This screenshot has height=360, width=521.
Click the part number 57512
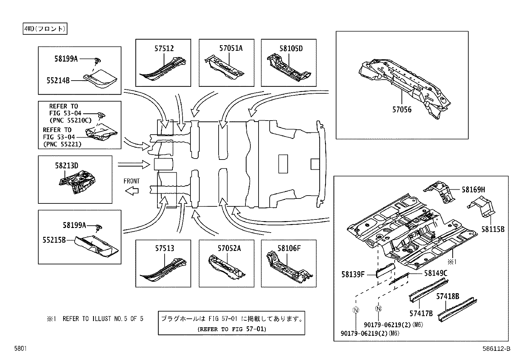click(164, 48)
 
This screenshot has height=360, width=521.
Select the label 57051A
click(231, 48)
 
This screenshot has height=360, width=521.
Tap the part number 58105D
click(291, 48)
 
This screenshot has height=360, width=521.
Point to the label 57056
click(402, 109)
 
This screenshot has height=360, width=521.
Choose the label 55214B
click(58, 80)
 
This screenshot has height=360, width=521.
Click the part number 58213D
click(66, 166)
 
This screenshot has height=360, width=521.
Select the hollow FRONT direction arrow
click(132, 191)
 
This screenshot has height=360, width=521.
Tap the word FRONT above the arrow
click(132, 181)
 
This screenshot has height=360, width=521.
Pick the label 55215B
click(54, 240)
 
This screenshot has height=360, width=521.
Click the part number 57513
click(164, 249)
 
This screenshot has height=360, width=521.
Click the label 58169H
click(473, 189)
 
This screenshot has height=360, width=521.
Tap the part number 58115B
click(493, 229)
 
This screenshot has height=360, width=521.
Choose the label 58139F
click(353, 275)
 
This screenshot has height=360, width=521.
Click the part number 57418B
click(447, 297)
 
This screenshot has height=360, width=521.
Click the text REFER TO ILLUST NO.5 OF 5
click(103, 319)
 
